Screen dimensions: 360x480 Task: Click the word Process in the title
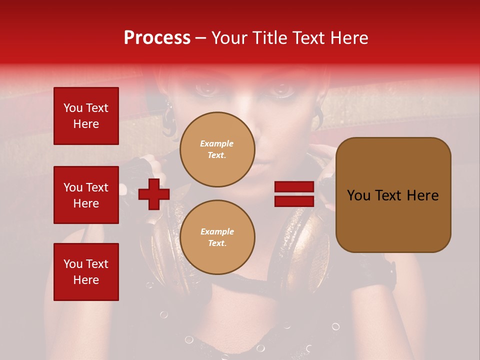157,38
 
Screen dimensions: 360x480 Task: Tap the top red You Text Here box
86,116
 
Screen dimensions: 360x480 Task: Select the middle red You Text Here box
86,195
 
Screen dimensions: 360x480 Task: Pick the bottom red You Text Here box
86,272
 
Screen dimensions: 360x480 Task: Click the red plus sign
154,194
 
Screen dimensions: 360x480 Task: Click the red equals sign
294,194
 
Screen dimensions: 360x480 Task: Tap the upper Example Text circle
217,149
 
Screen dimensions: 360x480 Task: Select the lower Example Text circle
217,237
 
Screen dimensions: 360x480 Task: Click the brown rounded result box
393,195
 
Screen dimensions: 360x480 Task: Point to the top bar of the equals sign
294,187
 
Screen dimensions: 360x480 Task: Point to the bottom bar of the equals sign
294,201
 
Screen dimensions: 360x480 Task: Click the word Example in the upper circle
217,143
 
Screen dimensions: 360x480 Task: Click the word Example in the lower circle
217,231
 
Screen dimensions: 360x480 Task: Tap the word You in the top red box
73,108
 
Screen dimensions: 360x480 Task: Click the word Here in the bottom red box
86,280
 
